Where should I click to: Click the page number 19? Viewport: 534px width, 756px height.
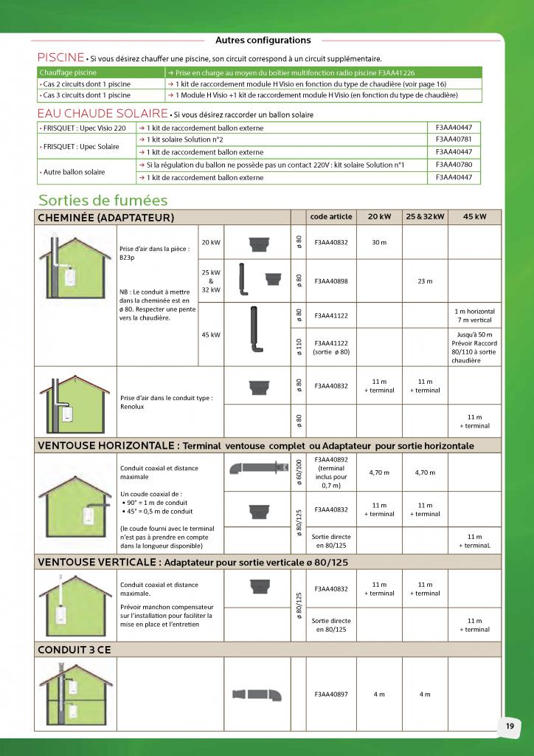coord(510,726)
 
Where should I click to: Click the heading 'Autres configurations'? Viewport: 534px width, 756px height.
coord(263,41)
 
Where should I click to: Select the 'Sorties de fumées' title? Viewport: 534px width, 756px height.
coord(103,200)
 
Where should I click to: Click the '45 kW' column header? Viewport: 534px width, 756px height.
coord(474,217)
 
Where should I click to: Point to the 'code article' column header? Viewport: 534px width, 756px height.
coord(331,217)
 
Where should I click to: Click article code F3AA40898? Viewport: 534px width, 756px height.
coord(331,281)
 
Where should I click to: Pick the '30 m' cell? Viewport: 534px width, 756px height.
coord(379,241)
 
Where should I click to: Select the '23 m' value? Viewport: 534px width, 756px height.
coord(425,281)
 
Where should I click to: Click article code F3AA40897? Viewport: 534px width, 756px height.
coord(331,694)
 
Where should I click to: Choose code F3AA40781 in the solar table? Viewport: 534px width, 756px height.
coord(454,139)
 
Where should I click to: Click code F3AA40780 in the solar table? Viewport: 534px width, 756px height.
coord(454,164)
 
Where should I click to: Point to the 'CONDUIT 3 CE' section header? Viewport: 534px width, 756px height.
coord(74,649)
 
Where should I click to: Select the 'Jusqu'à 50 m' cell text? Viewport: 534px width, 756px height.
coord(474,334)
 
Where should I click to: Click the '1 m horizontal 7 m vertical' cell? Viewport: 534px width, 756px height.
coord(474,315)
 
